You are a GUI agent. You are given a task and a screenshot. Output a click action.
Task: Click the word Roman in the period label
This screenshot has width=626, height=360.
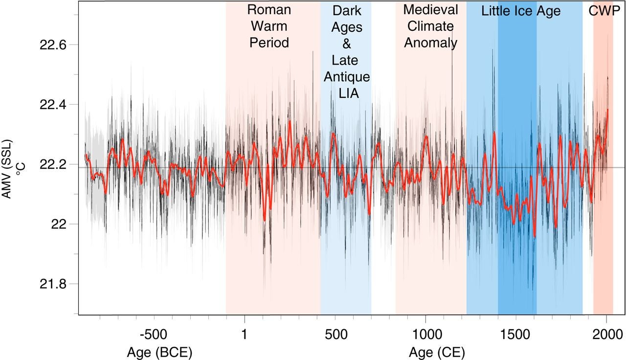(269, 10)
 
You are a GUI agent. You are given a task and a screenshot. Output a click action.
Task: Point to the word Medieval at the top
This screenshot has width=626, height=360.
(430, 10)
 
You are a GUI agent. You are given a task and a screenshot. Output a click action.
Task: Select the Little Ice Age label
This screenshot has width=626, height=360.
(521, 11)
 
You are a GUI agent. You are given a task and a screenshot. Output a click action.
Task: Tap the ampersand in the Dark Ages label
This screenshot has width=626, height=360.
(347, 44)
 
